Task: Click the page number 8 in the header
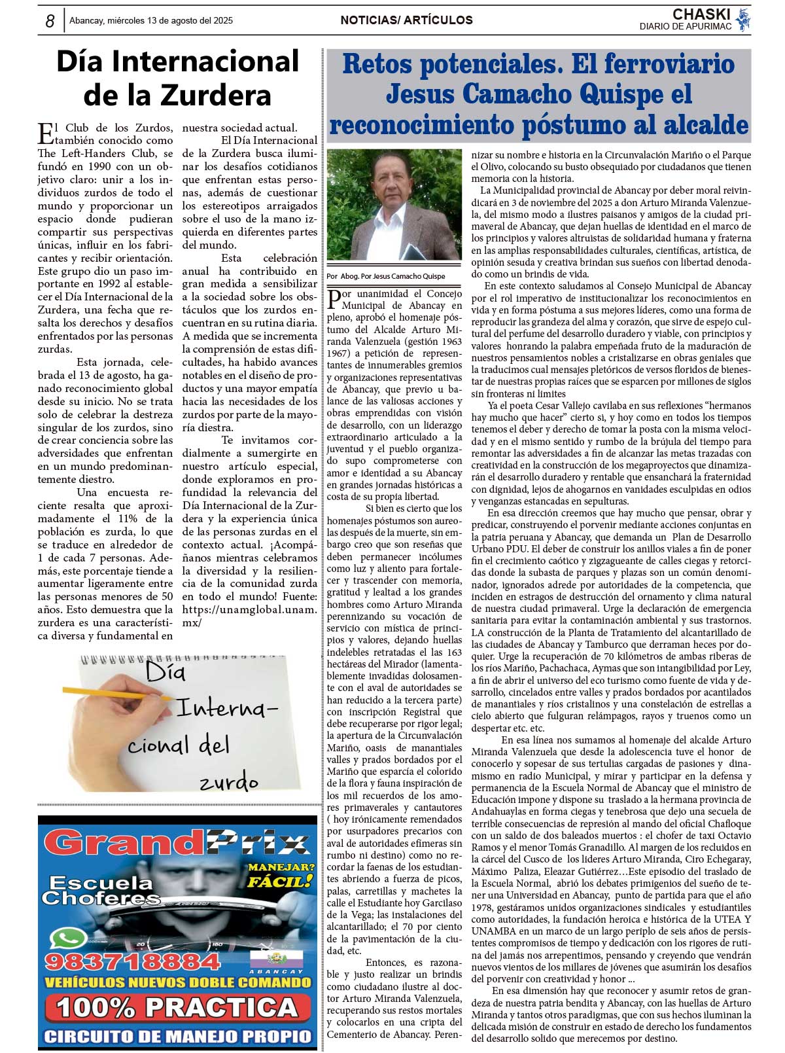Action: [x=50, y=21]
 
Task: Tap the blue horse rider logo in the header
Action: [x=743, y=20]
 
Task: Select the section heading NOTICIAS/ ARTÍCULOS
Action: [x=406, y=20]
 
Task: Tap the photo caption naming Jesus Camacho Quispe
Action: [x=386, y=276]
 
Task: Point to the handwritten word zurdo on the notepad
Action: [x=228, y=781]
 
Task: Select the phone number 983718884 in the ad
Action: [x=132, y=961]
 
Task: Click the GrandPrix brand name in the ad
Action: [x=177, y=844]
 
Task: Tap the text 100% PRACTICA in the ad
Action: [x=177, y=1007]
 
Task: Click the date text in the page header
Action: [x=150, y=20]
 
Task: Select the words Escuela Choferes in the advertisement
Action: [x=101, y=890]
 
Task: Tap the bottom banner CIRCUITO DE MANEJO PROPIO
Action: [x=177, y=1036]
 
